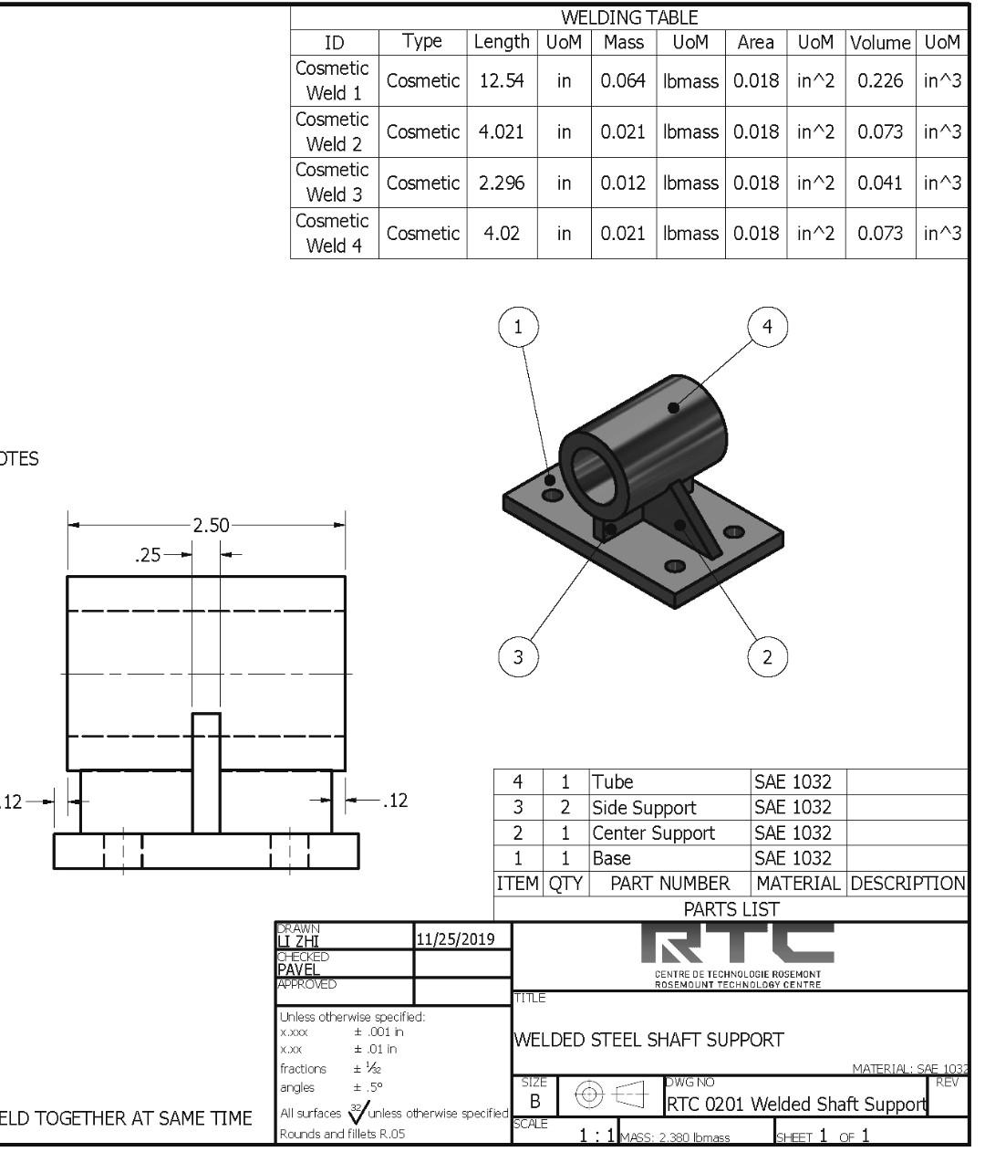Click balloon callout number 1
pyautogui.click(x=519, y=328)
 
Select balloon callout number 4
pyautogui.click(x=767, y=328)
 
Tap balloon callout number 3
pyautogui.click(x=519, y=656)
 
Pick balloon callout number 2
pyautogui.click(x=767, y=656)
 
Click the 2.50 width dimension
pyautogui.click(x=211, y=526)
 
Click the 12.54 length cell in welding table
pyautogui.click(x=502, y=80)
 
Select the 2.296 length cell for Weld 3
pyautogui.click(x=502, y=183)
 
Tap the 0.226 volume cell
pyautogui.click(x=880, y=80)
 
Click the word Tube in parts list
pyautogui.click(x=612, y=781)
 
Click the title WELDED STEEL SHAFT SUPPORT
pyautogui.click(x=648, y=1040)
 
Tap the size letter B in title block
pyautogui.click(x=535, y=1102)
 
